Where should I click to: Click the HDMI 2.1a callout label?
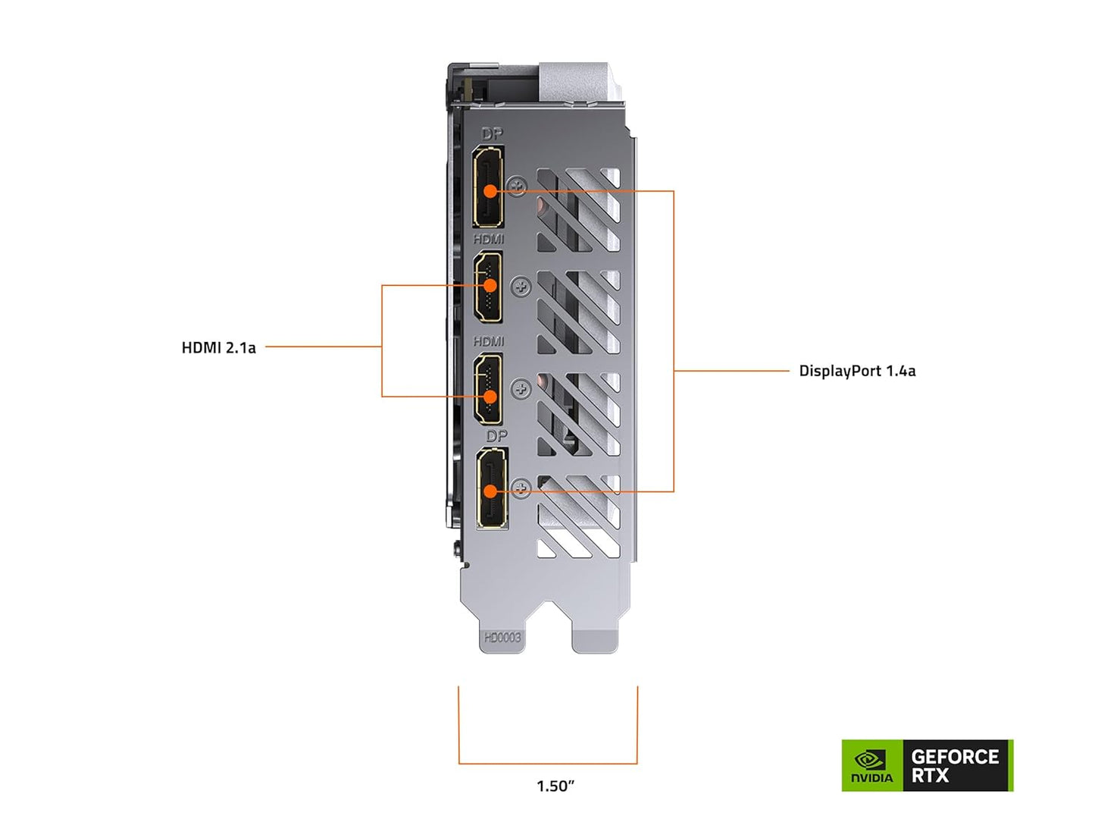(x=218, y=348)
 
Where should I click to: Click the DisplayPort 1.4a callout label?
(x=857, y=371)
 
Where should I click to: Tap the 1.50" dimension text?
(x=555, y=786)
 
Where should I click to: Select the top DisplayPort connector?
(x=489, y=187)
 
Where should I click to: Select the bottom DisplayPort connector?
(x=493, y=488)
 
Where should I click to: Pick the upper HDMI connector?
(x=488, y=287)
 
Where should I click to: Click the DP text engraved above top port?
(x=493, y=134)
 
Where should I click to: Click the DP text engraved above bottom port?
(x=496, y=436)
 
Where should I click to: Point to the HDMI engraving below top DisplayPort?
(x=489, y=239)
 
